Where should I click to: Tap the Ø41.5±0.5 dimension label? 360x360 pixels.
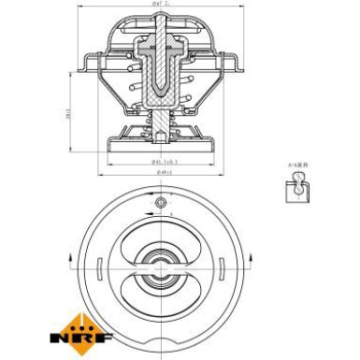coord(164,165)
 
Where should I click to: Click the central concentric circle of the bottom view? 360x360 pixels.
coord(159,264)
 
